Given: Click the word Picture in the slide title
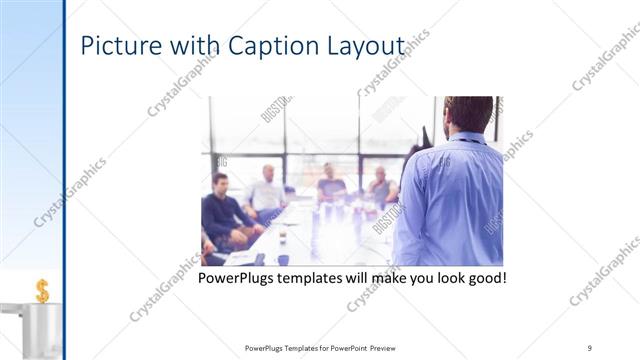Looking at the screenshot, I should tap(112, 47).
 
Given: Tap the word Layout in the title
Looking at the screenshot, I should tap(369, 47).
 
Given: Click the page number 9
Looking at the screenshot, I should tap(590, 347).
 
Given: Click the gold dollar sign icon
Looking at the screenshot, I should tap(42, 290).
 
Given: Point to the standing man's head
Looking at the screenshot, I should tap(467, 114).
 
